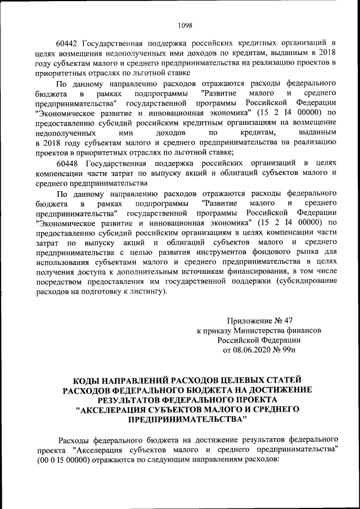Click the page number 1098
pos(185,25)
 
